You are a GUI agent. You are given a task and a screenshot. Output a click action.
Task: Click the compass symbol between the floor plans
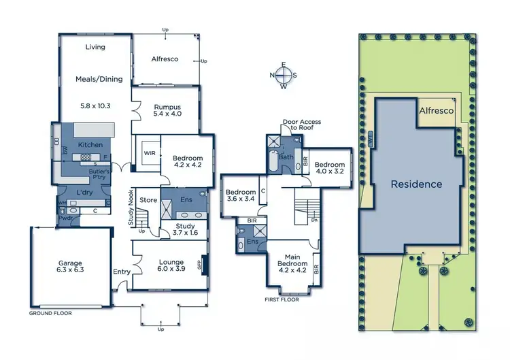coord(284,76)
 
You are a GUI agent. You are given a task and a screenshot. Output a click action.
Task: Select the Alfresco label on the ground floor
coord(164,59)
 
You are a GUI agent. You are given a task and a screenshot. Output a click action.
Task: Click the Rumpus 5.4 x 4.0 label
coord(167,110)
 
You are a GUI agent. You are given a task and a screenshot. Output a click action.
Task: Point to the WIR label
coord(149,154)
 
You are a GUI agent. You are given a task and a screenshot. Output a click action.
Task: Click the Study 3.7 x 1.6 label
coord(185,229)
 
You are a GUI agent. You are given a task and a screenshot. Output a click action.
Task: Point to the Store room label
coord(148,200)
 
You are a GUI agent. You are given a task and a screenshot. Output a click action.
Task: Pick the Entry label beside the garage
coord(122,272)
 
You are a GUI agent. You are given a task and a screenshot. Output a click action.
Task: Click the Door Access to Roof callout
coord(301,125)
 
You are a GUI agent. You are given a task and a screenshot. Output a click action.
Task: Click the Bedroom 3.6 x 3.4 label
coord(240,196)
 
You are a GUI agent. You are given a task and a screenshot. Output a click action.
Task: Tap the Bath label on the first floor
coord(286,157)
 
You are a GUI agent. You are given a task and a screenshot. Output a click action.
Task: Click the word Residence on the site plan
coord(415,184)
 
